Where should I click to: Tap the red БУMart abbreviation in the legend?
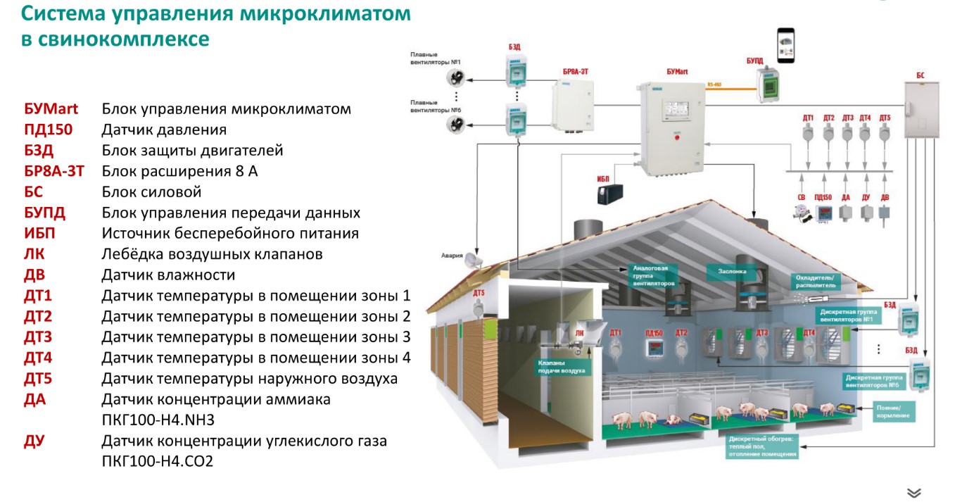tap(51, 109)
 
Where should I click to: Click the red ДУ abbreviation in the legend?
tap(34, 441)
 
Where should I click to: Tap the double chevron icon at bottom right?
tap(914, 492)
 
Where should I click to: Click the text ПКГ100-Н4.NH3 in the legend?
tap(158, 420)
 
